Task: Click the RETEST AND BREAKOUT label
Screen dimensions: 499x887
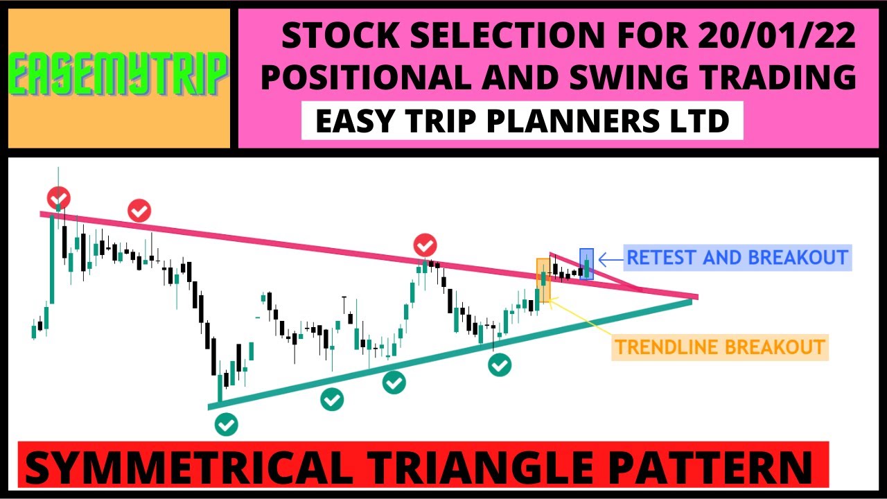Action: point(737,258)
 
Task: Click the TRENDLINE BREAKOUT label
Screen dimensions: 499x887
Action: point(720,347)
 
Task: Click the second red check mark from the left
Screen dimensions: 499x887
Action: point(139,210)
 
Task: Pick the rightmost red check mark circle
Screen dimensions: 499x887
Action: point(425,245)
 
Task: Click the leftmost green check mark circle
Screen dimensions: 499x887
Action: point(226,423)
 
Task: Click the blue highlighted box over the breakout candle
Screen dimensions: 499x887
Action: point(587,263)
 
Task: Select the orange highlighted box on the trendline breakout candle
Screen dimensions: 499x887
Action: point(543,280)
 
